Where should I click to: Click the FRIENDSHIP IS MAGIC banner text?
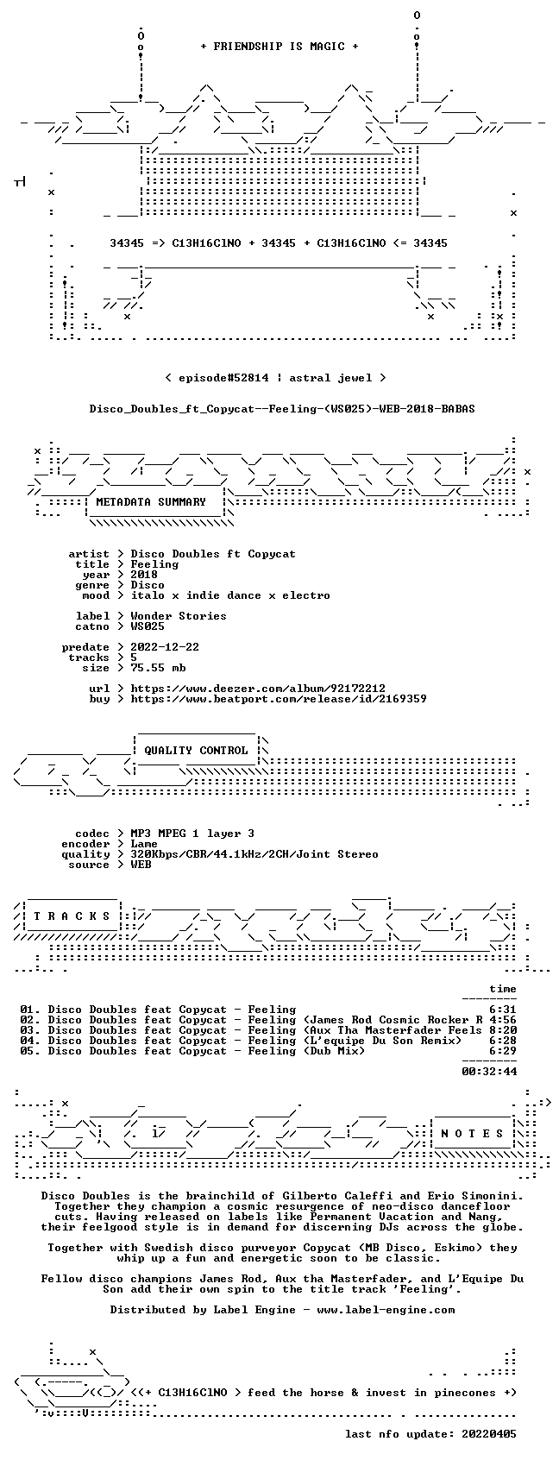point(279,47)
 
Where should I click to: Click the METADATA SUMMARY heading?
point(150,502)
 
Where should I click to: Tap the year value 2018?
point(144,575)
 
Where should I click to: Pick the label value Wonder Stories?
point(179,616)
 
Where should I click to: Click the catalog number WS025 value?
point(148,626)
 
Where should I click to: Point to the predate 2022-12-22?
point(165,647)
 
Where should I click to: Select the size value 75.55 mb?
point(158,668)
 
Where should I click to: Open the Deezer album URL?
point(258,689)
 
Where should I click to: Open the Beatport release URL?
point(279,699)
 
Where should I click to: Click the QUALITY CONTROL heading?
point(196,751)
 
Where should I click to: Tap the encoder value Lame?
point(144,844)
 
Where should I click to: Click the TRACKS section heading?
point(72,916)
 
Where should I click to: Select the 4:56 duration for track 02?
point(502,1020)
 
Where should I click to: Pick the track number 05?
point(27,1051)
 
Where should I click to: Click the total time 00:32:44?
point(489,1072)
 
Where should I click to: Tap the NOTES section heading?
point(473,1134)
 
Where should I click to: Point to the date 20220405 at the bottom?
point(489,1435)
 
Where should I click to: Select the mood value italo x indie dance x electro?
point(230,595)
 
